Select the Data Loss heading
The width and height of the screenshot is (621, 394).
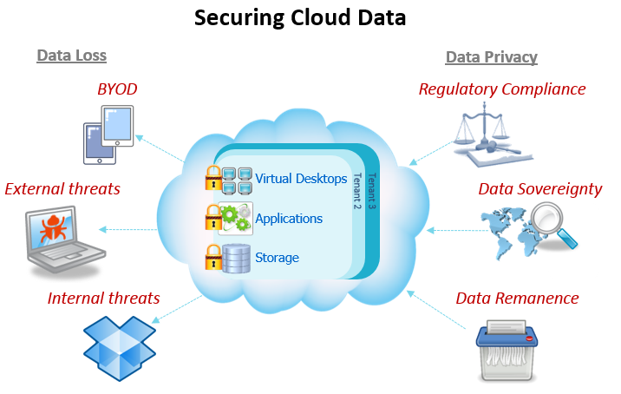pos(71,56)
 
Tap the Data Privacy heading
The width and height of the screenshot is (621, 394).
pos(491,57)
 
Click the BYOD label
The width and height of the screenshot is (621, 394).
pos(116,89)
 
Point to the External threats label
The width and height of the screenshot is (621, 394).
pos(62,188)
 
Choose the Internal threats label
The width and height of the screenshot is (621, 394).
pos(103,298)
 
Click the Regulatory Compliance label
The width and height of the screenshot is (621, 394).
pos(501,89)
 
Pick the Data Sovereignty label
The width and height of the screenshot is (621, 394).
pos(539,188)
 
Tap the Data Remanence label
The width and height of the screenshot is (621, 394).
pos(517,298)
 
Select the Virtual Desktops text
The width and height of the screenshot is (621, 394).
pos(301,180)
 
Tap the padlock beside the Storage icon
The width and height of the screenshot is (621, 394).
pos(212,258)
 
